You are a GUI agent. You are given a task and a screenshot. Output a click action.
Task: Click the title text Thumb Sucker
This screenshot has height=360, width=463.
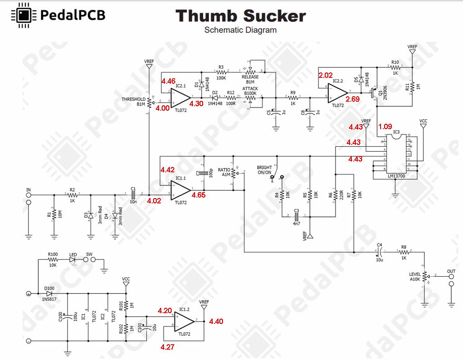[241, 16]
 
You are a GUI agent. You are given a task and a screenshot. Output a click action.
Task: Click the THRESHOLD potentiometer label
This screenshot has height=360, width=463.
[133, 99]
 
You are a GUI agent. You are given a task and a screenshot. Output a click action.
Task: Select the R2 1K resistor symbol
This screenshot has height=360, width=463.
[72, 195]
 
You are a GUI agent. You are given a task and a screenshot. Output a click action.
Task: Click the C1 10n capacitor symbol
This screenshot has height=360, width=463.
[133, 195]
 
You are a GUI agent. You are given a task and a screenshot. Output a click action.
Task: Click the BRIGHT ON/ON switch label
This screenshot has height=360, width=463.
[264, 170]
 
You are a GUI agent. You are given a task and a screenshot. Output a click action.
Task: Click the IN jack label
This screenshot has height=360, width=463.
[29, 191]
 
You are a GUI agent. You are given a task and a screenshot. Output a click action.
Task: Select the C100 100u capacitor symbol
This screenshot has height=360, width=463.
[68, 317]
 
